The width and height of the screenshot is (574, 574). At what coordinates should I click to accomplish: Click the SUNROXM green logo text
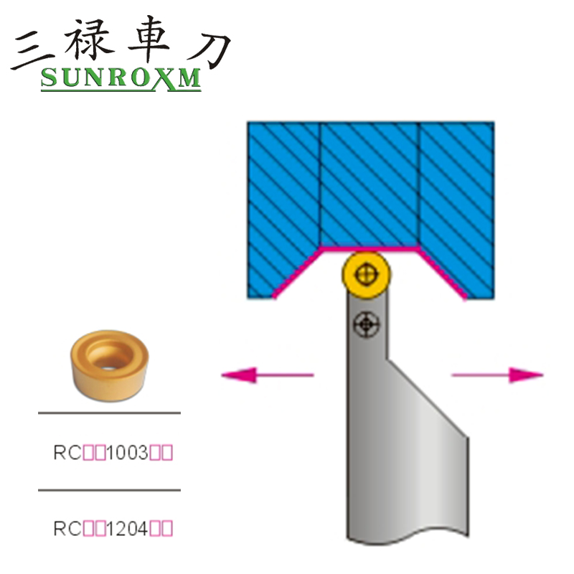click(121, 78)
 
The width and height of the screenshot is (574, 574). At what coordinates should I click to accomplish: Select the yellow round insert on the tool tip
click(365, 272)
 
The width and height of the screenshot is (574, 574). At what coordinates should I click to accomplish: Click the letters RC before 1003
click(63, 453)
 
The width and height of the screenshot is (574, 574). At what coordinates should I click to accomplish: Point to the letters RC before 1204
click(63, 530)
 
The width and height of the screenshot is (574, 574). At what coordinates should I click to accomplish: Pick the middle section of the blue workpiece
click(369, 183)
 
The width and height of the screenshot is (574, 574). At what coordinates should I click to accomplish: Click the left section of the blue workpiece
click(283, 201)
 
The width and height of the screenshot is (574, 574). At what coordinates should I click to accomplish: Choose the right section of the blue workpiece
click(456, 201)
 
